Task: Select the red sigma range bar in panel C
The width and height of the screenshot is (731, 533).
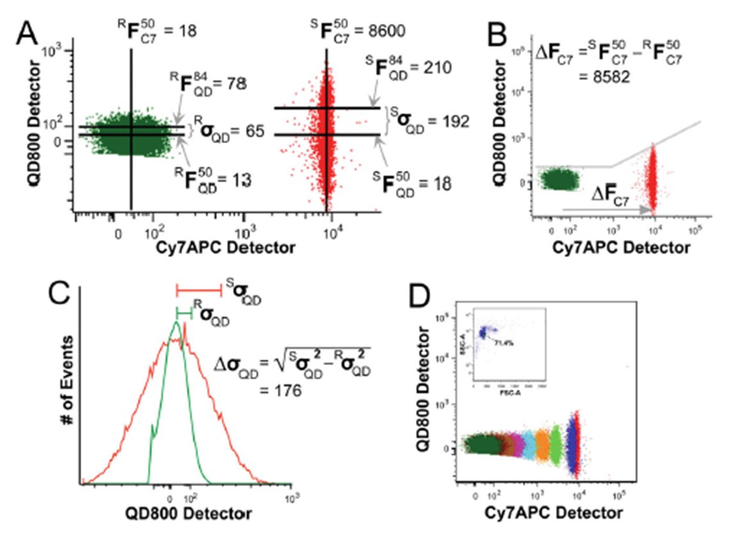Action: pos(198,290)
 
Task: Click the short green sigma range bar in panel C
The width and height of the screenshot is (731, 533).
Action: pos(184,313)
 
